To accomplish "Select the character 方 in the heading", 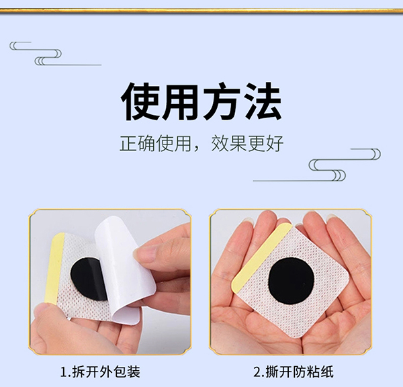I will pyautogui.click(x=221, y=101).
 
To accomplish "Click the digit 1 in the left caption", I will pyautogui.click(x=64, y=372).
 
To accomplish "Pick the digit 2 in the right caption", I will pyautogui.click(x=257, y=372).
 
